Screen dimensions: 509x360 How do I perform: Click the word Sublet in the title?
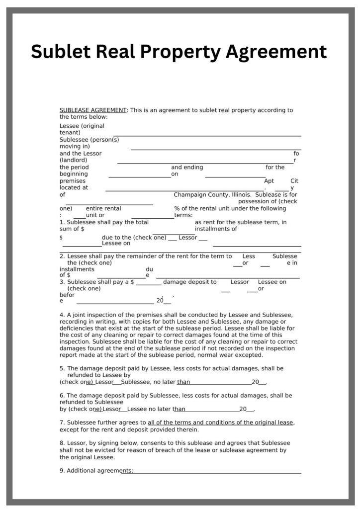60,51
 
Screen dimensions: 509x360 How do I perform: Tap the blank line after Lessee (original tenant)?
207,135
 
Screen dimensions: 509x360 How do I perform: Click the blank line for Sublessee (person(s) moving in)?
215,149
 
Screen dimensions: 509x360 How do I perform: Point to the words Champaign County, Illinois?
213,195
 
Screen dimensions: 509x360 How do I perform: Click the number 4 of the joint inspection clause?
62,315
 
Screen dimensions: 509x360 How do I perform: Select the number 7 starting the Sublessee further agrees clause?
62,423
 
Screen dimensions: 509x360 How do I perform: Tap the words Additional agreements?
99,470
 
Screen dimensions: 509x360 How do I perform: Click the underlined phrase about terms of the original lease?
220,423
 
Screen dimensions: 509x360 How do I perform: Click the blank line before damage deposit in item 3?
148,284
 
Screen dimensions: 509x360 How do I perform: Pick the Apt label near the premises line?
269,181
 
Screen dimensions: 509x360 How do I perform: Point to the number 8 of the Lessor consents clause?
62,442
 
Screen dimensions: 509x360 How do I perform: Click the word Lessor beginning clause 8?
76,442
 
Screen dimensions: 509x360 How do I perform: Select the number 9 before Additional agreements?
62,470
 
